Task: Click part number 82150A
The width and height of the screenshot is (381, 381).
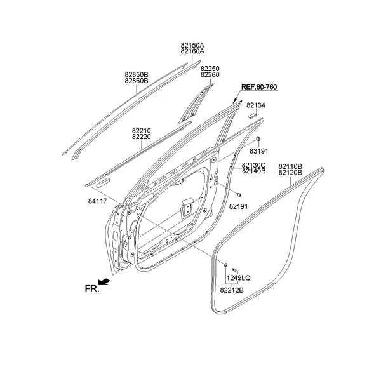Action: tap(192, 46)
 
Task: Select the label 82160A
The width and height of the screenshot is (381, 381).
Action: tap(192, 52)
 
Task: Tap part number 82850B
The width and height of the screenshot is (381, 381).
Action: tap(136, 74)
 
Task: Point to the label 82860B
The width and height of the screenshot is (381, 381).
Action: tap(136, 81)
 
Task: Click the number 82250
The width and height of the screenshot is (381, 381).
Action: tap(210, 68)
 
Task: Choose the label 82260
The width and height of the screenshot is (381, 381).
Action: tap(210, 74)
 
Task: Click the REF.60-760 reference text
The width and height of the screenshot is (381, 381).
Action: tap(258, 86)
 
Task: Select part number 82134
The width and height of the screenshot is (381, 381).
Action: tap(256, 105)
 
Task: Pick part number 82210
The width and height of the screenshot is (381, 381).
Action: tap(141, 130)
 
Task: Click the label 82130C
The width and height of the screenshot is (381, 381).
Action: tap(253, 165)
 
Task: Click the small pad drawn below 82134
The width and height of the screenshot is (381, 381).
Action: tap(252, 116)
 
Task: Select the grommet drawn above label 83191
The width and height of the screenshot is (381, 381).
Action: tap(259, 139)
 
